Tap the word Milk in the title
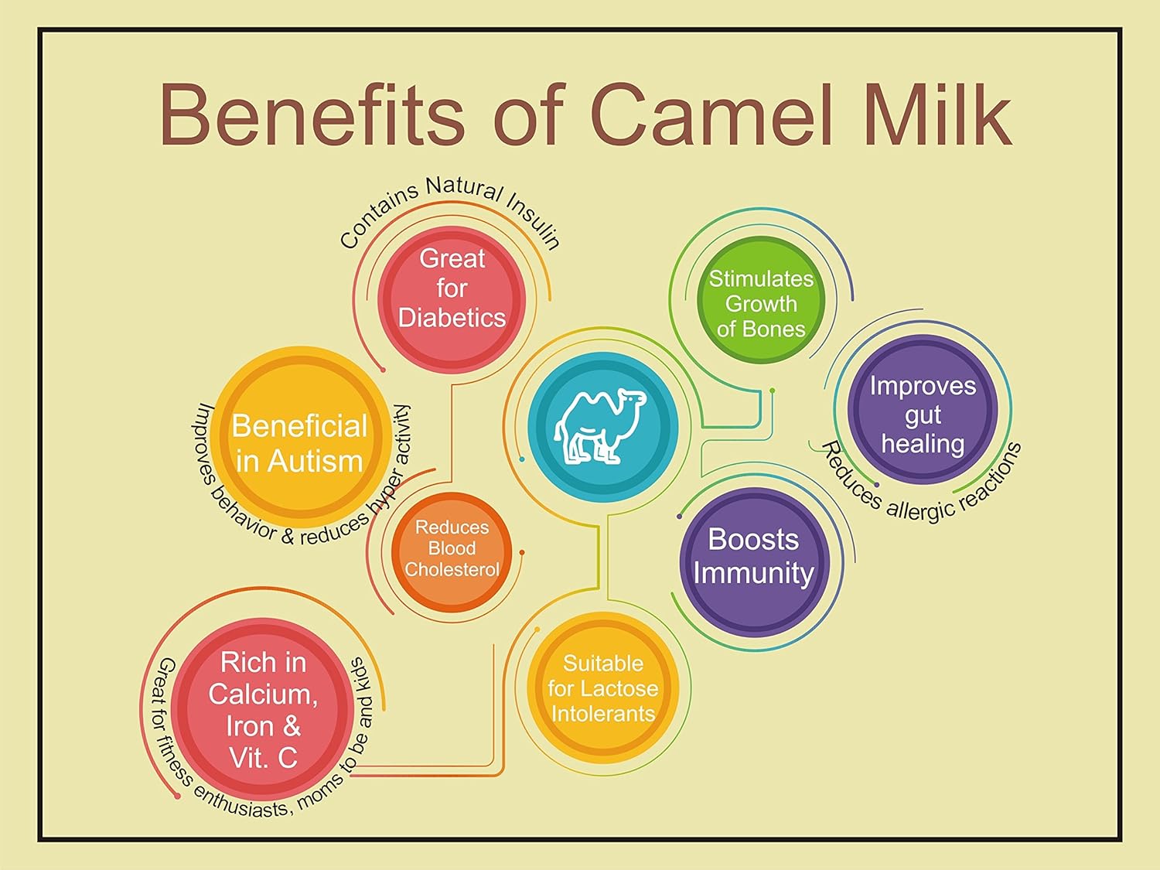(x=938, y=114)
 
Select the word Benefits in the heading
(x=312, y=114)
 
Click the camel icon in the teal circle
(x=600, y=427)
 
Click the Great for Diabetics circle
(x=452, y=299)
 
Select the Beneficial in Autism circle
(x=300, y=437)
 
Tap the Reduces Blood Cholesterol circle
(x=452, y=551)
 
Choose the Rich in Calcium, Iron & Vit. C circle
(x=263, y=708)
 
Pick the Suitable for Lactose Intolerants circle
(x=603, y=687)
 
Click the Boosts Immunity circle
(x=754, y=561)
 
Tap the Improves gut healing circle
(x=923, y=409)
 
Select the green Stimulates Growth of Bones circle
(x=761, y=299)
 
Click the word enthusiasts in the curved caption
(x=241, y=803)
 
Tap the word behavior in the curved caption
(x=243, y=515)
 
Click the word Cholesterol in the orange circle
(x=452, y=569)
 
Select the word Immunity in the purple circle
(x=754, y=574)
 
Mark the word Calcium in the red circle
(x=263, y=694)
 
